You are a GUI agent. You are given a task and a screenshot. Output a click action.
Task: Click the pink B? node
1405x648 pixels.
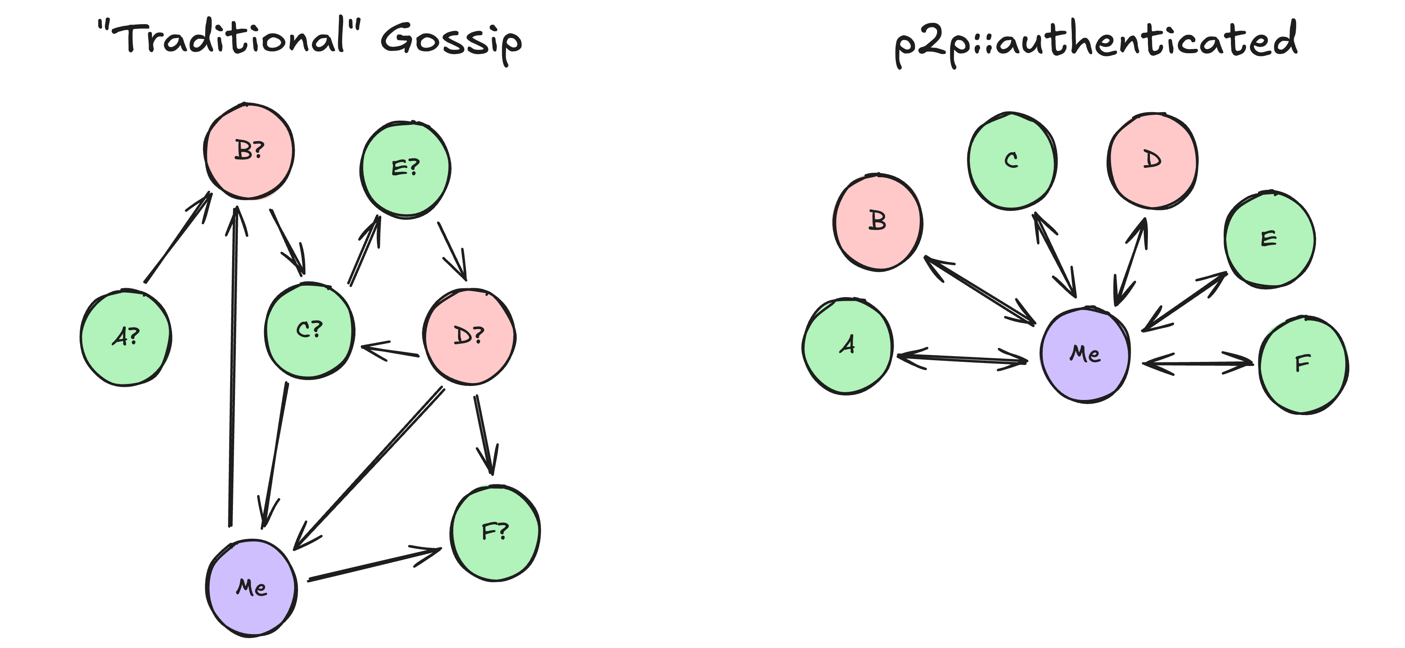[249, 151]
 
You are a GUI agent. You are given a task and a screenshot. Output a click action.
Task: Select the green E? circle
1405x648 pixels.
[405, 169]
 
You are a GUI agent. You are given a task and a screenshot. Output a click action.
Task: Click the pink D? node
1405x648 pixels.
[469, 336]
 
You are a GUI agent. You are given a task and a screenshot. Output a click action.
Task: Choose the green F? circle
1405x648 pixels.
[495, 533]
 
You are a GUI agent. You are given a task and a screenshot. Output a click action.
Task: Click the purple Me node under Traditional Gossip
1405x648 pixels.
[251, 588]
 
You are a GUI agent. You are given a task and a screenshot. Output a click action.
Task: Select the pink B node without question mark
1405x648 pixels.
[878, 222]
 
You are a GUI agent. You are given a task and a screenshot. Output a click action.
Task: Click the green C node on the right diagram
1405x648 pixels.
[1012, 161]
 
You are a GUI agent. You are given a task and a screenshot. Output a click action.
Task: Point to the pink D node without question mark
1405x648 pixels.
[1152, 161]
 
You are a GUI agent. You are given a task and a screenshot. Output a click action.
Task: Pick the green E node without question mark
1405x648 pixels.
[1269, 239]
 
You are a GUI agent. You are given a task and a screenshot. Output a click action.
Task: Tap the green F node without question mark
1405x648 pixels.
[1303, 364]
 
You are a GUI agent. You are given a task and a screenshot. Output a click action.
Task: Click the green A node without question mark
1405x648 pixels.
[847, 346]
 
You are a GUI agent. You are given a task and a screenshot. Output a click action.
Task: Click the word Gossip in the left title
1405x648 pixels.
[451, 41]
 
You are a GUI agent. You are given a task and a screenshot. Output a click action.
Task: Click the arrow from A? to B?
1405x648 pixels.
[177, 238]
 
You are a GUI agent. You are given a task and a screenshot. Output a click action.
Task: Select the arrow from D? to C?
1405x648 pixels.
[390, 350]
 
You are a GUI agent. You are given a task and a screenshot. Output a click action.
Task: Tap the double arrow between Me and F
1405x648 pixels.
[1197, 363]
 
